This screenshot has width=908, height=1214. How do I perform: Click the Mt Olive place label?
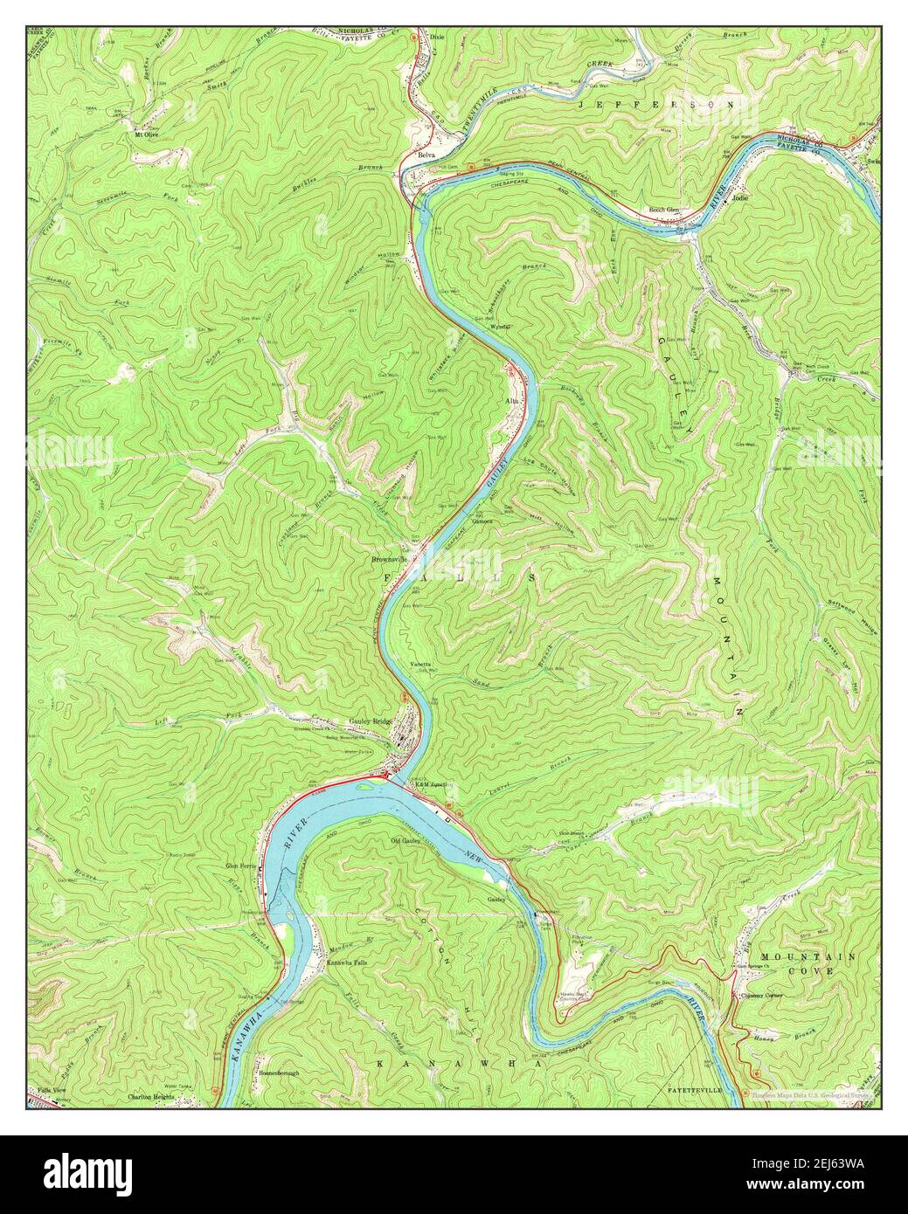pos(144,135)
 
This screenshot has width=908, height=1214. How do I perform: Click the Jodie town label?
pos(742,198)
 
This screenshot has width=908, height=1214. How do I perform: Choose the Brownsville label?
pos(390,558)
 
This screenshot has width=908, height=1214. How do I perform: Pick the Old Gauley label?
pos(406,841)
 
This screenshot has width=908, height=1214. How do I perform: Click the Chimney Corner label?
pos(761,996)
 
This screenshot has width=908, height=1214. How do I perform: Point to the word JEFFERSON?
pos(656,104)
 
